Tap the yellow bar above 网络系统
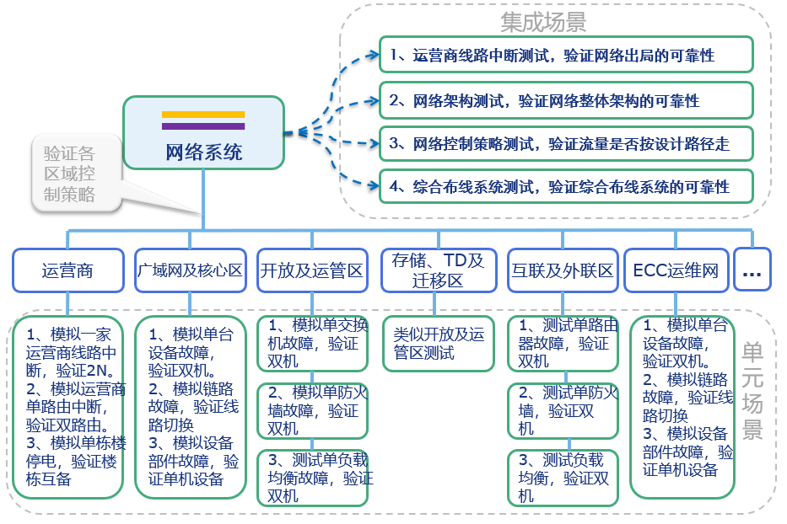(x=203, y=114)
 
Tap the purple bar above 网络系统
(x=203, y=126)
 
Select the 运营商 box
(x=67, y=271)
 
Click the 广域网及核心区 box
(x=190, y=271)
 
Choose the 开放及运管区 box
(x=312, y=271)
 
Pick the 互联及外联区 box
(x=562, y=271)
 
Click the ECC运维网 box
(x=676, y=271)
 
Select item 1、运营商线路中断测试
(x=565, y=56)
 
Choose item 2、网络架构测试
(x=565, y=100)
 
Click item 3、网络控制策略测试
(x=565, y=144)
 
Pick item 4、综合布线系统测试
(x=565, y=185)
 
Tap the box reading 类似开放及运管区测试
(x=439, y=344)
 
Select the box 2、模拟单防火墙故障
(x=313, y=410)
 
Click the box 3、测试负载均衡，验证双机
(x=562, y=477)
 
